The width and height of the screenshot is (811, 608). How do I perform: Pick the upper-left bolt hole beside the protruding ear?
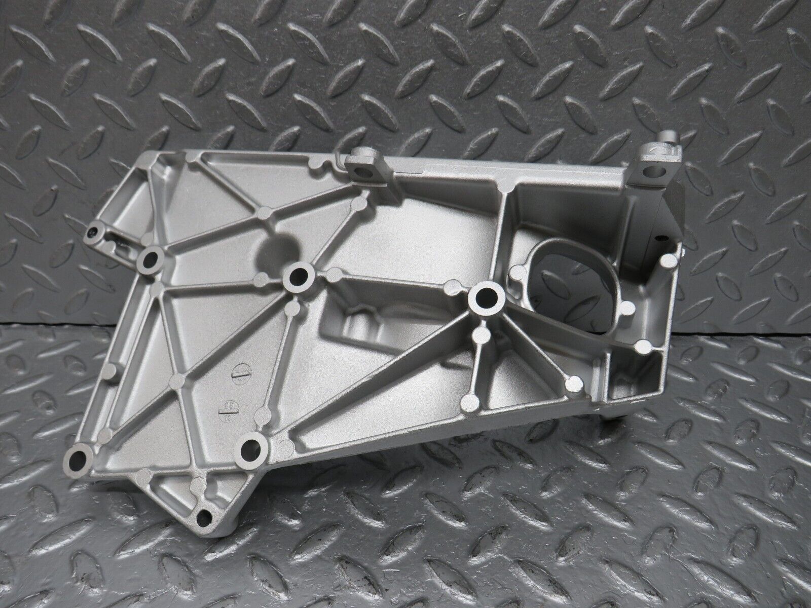pos(151,258)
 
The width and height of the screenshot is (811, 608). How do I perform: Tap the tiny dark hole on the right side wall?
pos(660,237)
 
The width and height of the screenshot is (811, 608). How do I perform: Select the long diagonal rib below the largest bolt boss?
pos(385,375)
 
